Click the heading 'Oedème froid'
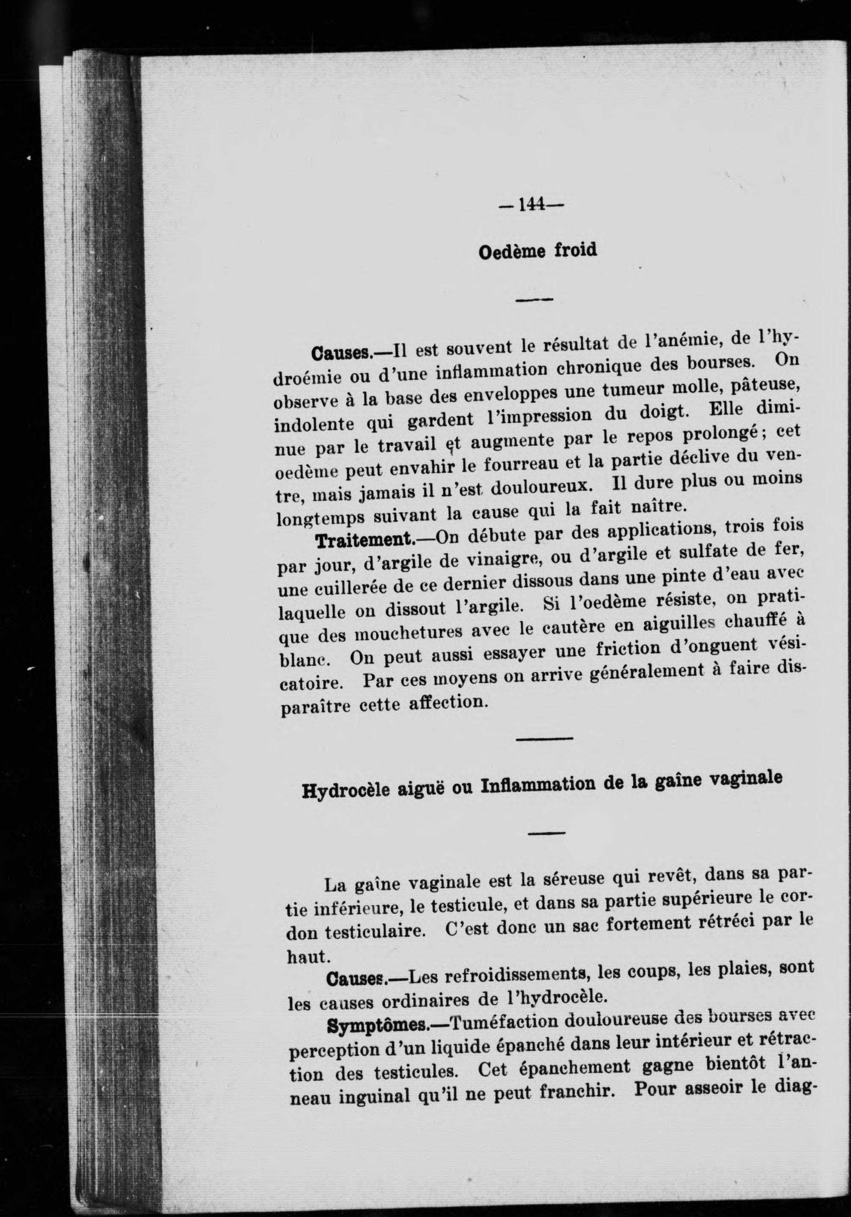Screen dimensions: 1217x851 [x=537, y=250]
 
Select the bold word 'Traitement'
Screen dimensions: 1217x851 [x=365, y=541]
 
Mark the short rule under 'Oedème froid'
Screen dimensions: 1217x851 [x=534, y=299]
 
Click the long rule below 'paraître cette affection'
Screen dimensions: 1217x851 [x=545, y=739]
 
